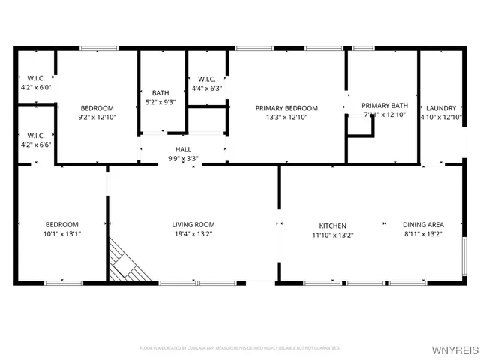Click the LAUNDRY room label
441,108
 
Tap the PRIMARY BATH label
384,105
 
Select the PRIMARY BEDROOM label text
286,108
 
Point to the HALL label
183,149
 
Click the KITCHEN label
333,225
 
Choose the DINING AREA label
423,225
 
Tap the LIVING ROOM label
193,225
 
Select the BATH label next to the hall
160,93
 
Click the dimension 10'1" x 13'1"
62,235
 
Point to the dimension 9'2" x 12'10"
97,118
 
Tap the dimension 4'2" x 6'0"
36,88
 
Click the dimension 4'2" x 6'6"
36,145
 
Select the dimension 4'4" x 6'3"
207,88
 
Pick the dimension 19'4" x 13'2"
193,235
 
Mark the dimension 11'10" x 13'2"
333,235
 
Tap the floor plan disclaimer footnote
240,348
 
